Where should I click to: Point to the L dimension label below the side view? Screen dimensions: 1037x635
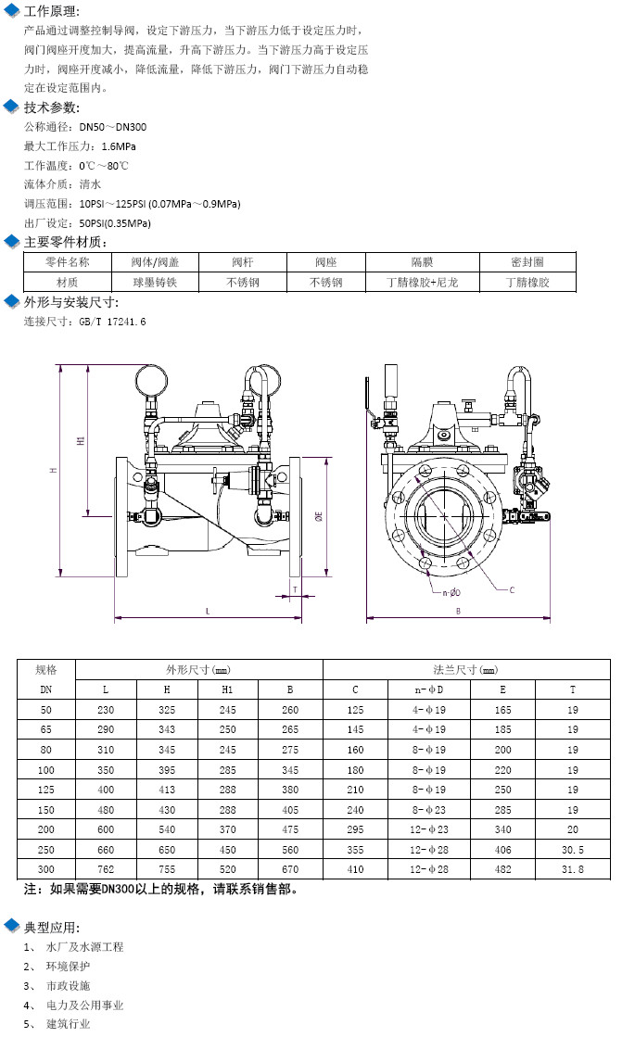click(x=208, y=611)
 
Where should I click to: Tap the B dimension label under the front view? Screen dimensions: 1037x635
click(x=459, y=611)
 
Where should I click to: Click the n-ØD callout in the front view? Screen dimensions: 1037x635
click(x=451, y=592)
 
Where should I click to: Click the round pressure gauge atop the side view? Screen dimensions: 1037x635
click(x=151, y=378)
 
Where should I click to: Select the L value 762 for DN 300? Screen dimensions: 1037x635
click(x=106, y=869)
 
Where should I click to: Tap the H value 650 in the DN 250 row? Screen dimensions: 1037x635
click(x=167, y=850)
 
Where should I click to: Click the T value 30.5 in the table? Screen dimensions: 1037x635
click(x=572, y=850)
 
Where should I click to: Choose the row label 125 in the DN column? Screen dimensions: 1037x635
click(x=45, y=790)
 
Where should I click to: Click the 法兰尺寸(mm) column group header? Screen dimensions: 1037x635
click(x=465, y=669)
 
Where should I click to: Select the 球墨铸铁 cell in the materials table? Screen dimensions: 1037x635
click(x=156, y=283)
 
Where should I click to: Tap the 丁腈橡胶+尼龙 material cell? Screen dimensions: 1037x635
click(x=423, y=283)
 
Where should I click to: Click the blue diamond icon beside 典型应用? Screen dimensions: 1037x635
click(x=11, y=927)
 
